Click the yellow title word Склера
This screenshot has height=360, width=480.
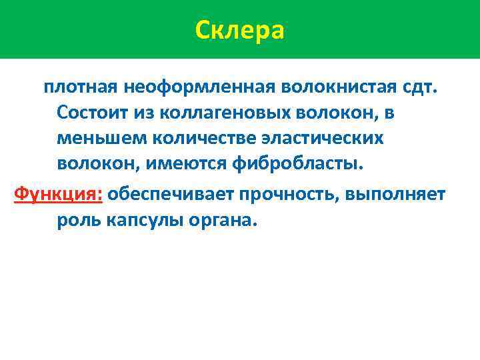click(240, 30)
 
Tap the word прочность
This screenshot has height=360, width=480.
click(290, 194)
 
